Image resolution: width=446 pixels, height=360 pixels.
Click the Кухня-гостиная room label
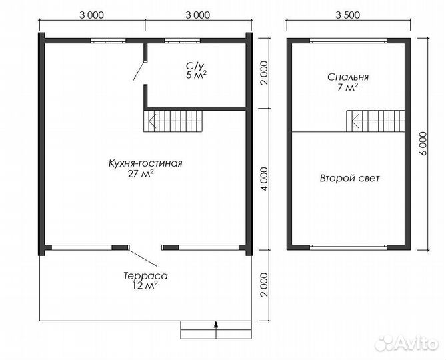[145, 163]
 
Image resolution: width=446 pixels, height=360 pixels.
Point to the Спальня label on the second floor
[347, 77]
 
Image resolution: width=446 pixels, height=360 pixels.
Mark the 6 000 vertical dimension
[424, 143]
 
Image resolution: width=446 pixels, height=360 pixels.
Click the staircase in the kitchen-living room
[175, 121]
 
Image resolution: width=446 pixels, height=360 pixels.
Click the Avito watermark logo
[407, 342]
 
